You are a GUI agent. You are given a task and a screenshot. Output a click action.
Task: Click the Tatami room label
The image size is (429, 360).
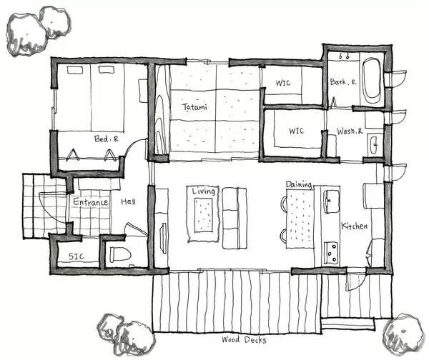click(194, 106)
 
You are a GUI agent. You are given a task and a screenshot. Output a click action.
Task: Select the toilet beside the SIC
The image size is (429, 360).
click(120, 254)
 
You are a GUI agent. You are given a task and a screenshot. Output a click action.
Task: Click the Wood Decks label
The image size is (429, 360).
click(244, 340)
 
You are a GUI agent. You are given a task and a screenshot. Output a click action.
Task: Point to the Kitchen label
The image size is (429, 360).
click(355, 226)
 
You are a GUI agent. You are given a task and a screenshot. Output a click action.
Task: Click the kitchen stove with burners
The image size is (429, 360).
click(331, 253)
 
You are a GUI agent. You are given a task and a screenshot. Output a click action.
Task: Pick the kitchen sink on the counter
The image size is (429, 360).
click(331, 201)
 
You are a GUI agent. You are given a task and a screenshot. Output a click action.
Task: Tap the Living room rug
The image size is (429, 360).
click(203, 214)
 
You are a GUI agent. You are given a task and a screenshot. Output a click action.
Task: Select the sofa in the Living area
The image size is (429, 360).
click(235, 218)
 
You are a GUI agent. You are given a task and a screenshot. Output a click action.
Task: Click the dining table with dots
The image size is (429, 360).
click(300, 219)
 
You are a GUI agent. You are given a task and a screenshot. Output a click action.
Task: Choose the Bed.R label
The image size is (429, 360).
click(106, 139)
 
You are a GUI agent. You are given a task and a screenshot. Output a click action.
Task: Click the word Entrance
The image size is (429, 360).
click(91, 202)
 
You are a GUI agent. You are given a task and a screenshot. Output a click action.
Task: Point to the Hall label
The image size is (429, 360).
click(128, 202)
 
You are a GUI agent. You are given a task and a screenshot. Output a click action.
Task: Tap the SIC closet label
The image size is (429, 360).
click(76, 256)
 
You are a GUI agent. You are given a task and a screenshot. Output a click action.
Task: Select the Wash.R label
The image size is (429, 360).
click(350, 131)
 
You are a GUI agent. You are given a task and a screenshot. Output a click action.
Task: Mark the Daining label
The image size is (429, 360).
click(299, 184)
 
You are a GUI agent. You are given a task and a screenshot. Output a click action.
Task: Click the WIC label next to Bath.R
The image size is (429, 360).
click(283, 83)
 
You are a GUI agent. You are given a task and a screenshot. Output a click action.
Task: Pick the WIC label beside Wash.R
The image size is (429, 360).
click(296, 131)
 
